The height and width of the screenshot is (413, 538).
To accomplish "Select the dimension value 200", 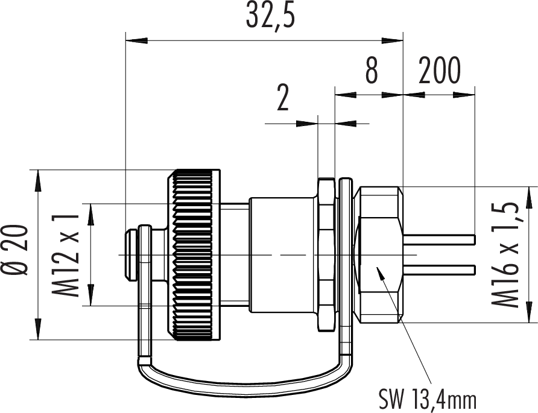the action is tap(439, 71).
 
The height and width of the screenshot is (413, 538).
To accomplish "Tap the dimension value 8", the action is tap(372, 71).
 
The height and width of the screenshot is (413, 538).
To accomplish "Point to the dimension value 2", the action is tap(283, 98).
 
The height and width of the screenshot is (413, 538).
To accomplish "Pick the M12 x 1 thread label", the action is tap(66, 255).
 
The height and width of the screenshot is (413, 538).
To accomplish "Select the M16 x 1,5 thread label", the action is tap(504, 255).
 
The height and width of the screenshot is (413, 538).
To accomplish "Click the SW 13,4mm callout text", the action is tap(428, 399).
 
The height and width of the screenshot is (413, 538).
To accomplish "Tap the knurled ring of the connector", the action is tap(194, 255).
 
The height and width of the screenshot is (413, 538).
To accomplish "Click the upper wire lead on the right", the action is tap(439, 239).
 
